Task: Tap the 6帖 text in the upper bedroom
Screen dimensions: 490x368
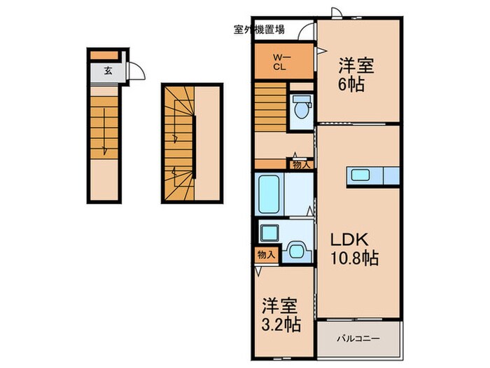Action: (x=351, y=84)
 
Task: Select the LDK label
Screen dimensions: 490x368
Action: (x=349, y=240)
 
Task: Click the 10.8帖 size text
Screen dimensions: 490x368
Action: (x=354, y=259)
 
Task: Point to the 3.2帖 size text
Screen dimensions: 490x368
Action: (x=281, y=324)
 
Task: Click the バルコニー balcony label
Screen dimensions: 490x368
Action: (x=358, y=339)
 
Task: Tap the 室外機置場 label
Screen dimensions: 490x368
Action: (x=259, y=29)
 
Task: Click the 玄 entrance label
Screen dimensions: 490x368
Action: (x=108, y=71)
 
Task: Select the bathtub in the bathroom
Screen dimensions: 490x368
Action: (x=269, y=194)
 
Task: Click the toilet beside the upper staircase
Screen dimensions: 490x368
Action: (x=301, y=107)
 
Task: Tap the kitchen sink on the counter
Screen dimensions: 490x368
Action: (x=360, y=175)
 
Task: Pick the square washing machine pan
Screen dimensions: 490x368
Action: (x=269, y=233)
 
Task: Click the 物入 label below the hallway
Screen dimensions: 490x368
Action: (x=300, y=165)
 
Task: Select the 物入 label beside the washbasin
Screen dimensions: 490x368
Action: (x=266, y=255)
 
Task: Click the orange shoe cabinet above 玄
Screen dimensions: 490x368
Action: (x=104, y=55)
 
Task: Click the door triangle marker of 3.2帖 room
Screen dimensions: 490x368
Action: (x=258, y=271)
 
